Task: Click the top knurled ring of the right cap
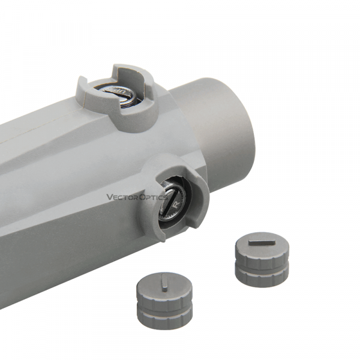(x=262, y=256)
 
